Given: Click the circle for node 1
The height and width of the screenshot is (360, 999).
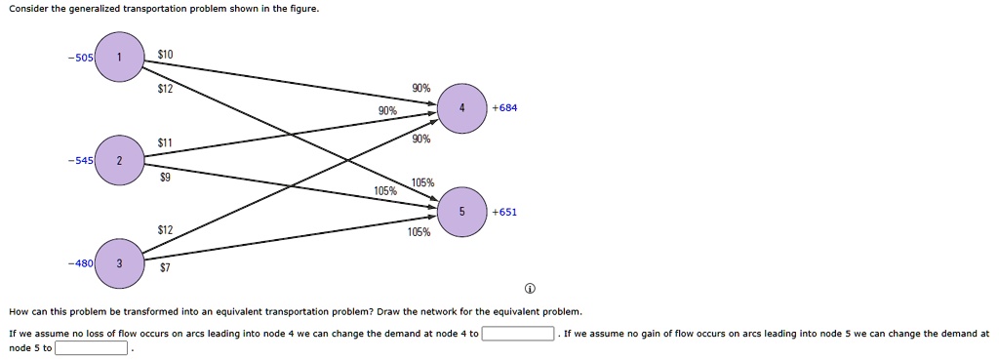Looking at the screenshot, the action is point(120,58).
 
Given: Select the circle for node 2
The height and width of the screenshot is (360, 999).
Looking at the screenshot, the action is point(120,160).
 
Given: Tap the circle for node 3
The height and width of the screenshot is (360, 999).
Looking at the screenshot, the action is point(120,263).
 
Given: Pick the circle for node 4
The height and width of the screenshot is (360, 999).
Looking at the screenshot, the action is point(461,108).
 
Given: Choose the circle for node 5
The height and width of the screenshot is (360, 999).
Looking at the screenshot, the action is point(461,212).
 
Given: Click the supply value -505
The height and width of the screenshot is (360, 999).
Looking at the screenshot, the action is point(80,58).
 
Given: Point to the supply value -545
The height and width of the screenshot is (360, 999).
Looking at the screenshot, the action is point(80,160).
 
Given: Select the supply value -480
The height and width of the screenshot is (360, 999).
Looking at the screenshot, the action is point(80,263).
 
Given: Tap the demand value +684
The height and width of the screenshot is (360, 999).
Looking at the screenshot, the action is point(504,108).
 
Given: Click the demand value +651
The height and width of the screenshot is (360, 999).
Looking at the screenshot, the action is point(504,212).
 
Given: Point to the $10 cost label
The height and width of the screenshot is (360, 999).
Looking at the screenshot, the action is point(165,55).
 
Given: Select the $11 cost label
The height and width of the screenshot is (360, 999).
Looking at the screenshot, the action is point(165,143).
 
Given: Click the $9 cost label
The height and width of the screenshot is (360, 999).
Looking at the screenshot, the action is point(165,180).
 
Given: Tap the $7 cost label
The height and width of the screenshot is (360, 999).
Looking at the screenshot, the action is point(165,267).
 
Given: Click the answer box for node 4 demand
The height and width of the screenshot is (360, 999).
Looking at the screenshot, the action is point(517,334).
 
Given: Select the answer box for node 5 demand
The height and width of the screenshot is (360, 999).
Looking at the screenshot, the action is point(91,348).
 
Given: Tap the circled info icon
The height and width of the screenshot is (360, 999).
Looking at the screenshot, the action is point(530,290).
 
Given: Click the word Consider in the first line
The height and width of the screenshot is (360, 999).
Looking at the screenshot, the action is point(28,10).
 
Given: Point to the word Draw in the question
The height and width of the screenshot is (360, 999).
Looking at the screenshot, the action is point(388,312).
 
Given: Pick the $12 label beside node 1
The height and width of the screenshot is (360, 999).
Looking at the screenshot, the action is point(165,89).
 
